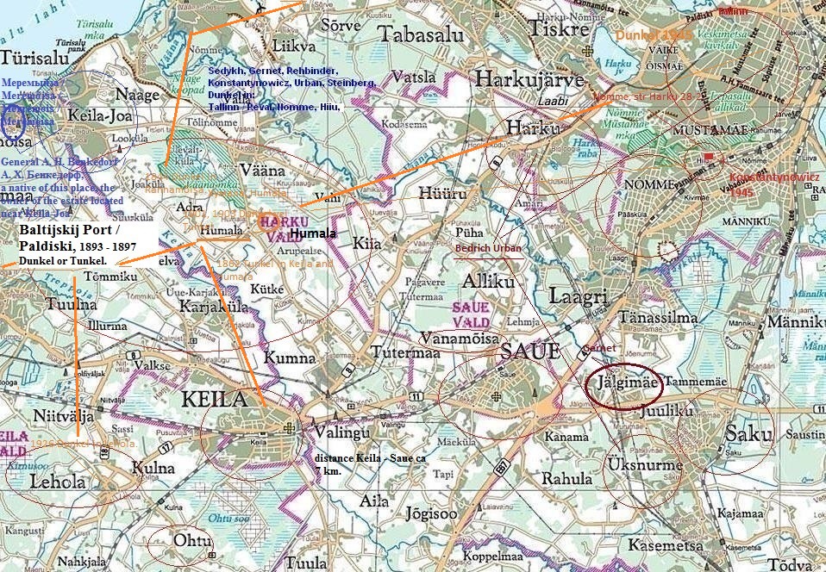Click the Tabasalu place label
(422, 36)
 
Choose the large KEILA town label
(219, 399)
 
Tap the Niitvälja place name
(63, 417)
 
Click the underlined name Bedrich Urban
(489, 248)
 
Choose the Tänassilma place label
(658, 318)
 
